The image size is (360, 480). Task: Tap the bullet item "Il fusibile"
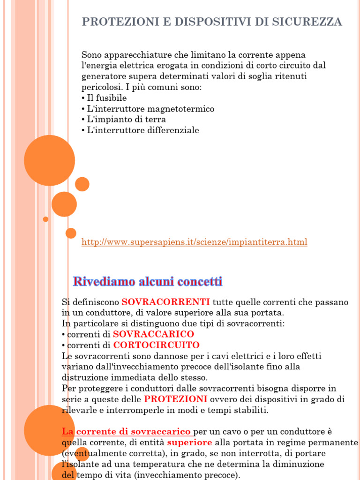(x=106, y=98)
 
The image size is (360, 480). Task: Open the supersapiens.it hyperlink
(x=195, y=242)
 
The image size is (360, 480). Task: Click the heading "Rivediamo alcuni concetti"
(x=148, y=282)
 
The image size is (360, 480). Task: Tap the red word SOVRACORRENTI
(x=165, y=302)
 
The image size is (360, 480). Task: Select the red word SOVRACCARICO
(x=153, y=334)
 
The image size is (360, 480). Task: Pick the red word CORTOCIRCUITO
(x=156, y=345)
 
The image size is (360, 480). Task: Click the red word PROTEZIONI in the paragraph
(x=175, y=399)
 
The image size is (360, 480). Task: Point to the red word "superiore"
(x=189, y=442)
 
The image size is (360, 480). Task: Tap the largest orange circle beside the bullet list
(x=49, y=160)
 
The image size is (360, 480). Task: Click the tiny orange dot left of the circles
(x=45, y=219)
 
